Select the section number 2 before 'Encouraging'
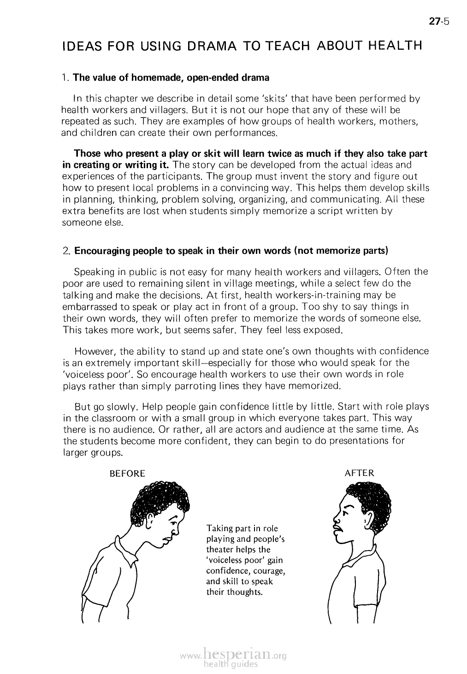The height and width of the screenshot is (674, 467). [65, 252]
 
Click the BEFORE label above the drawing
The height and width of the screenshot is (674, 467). [126, 474]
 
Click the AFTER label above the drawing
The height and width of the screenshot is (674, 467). [359, 473]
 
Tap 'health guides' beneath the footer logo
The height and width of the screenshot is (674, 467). [231, 664]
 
